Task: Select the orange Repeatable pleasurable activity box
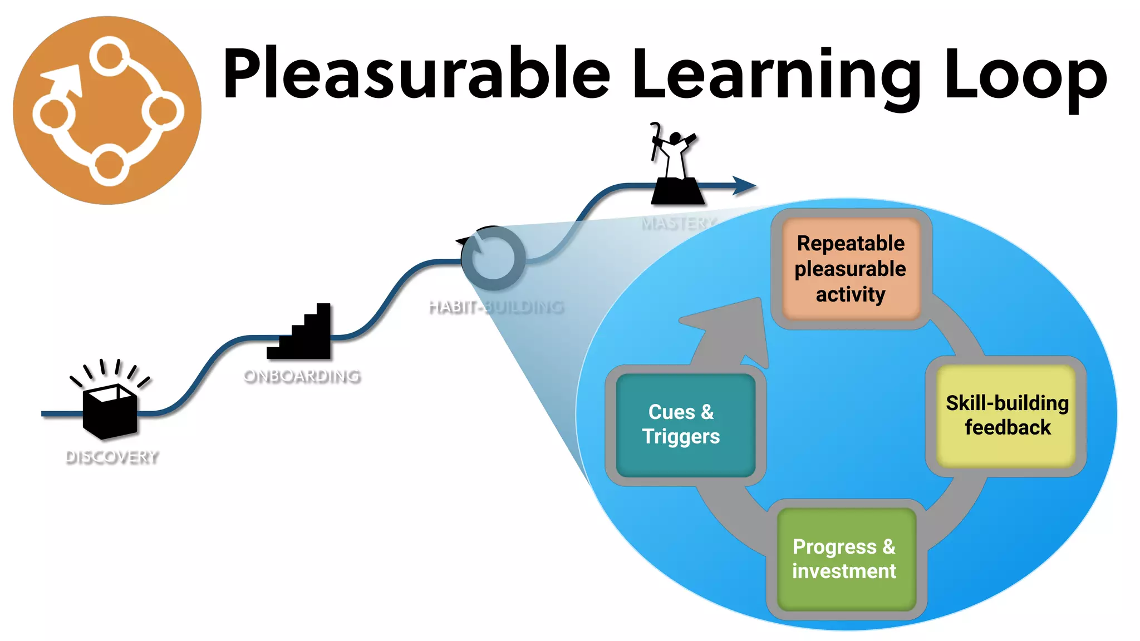tap(850, 269)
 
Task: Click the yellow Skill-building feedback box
tap(1006, 415)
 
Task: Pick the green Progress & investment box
tap(844, 559)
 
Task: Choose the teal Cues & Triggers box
tap(681, 424)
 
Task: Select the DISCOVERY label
tap(112, 457)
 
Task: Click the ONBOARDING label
tap(302, 376)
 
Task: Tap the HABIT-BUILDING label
tap(496, 307)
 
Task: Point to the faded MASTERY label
tap(678, 224)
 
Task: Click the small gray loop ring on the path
tap(493, 258)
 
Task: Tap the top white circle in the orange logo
tap(110, 56)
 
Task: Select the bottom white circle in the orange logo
tap(109, 165)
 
